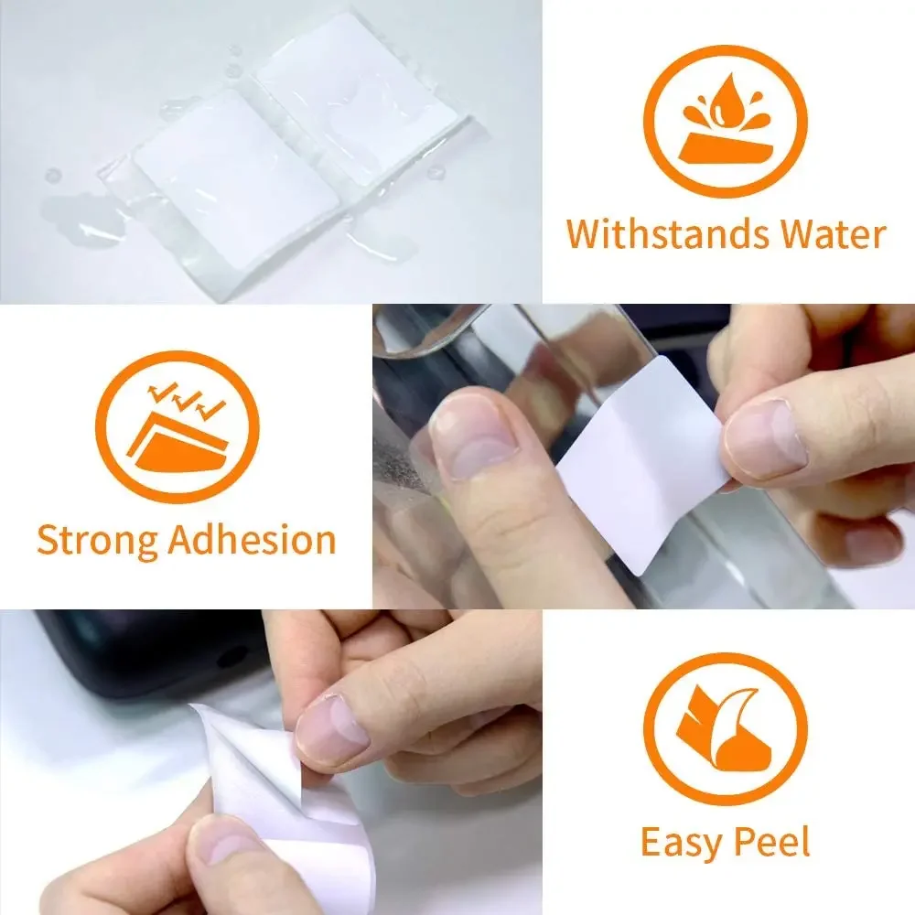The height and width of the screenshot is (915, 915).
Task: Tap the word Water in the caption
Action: (834, 234)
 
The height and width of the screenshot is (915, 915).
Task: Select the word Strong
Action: (97, 540)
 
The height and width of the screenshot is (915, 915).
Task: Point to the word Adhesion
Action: (253, 540)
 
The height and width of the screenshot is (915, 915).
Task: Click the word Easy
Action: (677, 842)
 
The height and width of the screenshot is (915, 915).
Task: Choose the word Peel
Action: (774, 842)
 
